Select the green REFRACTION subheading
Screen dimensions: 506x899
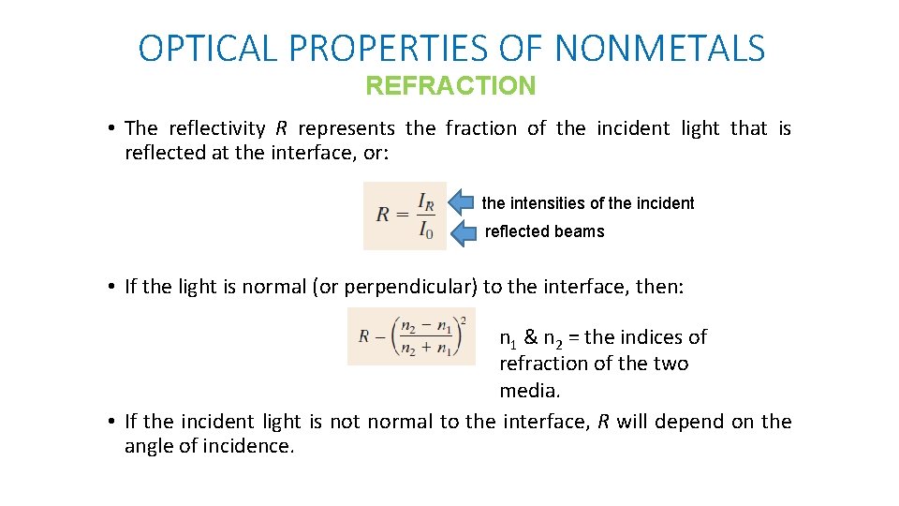450,86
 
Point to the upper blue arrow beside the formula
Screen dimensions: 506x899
462,201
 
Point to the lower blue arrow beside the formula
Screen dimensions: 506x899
464,233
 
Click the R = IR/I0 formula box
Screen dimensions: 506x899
405,216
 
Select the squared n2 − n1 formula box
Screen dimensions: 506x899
411,336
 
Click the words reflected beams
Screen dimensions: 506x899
544,231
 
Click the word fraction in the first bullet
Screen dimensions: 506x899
480,128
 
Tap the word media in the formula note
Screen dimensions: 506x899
529,390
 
